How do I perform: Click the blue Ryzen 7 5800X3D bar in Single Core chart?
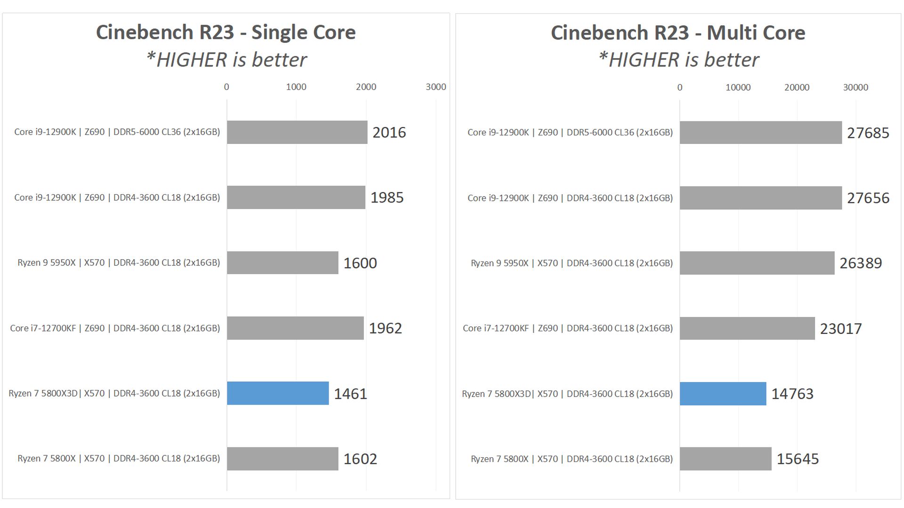pos(278,393)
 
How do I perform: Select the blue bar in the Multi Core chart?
pos(723,394)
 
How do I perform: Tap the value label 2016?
pos(389,132)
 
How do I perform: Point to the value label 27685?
pos(868,133)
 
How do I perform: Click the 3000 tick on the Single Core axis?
pos(436,87)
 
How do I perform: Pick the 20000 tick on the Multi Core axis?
pos(797,87)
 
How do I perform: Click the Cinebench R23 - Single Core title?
pos(226,32)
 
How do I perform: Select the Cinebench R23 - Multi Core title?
pos(678,33)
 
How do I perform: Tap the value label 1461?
pos(350,394)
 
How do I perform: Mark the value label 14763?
pos(792,394)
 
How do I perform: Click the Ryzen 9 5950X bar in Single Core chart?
pos(282,262)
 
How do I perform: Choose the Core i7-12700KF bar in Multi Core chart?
pos(747,328)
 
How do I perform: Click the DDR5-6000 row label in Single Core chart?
pos(117,132)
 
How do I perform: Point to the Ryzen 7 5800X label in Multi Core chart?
pos(572,459)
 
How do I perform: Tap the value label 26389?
pos(861,263)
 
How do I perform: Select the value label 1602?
pos(360,459)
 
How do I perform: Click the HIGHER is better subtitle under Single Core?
pos(226,60)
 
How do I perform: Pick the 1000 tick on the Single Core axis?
pos(296,87)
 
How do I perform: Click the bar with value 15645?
pos(726,459)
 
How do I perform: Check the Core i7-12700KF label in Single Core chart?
pos(115,328)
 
